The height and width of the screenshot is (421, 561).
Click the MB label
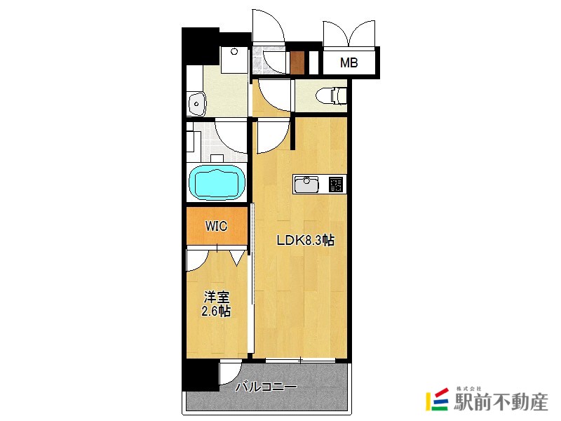point(349,63)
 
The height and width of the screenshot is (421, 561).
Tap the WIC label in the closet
point(216,226)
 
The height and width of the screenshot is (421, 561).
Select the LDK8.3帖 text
point(306,240)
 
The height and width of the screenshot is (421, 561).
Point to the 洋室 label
point(217,297)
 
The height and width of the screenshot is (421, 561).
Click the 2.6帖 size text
point(216,311)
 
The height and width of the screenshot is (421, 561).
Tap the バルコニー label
point(266,387)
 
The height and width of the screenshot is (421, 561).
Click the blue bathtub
point(217,182)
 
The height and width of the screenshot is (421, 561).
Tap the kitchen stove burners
point(336,185)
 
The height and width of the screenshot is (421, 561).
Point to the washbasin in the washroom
point(196,104)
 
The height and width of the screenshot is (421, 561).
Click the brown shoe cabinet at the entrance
point(297,63)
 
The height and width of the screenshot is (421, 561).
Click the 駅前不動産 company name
point(501,402)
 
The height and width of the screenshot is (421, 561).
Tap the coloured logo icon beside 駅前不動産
point(437,399)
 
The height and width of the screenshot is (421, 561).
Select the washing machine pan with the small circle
point(234,60)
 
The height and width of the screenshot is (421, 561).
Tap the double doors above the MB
point(349,33)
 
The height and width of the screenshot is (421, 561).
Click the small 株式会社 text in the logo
point(469,389)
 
